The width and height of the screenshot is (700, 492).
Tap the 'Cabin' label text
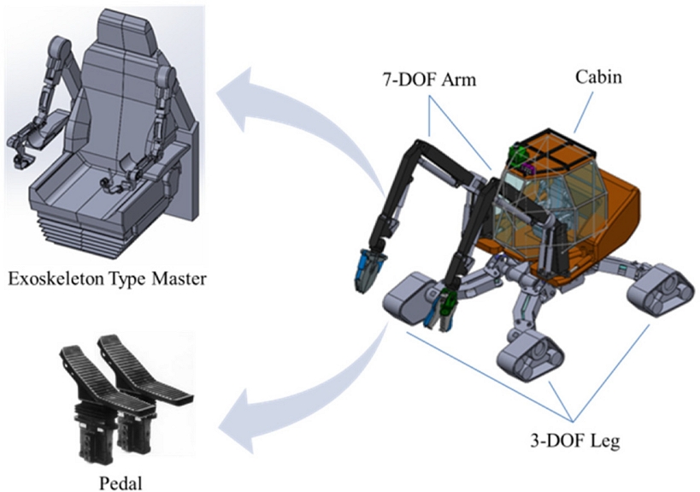click(x=597, y=77)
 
